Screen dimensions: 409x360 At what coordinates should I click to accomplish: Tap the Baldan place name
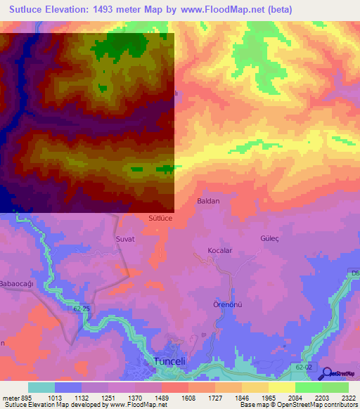pos(207,201)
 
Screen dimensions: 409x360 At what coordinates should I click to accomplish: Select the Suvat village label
pos(124,239)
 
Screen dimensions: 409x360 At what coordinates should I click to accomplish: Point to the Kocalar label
pos(219,250)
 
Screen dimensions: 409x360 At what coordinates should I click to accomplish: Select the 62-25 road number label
pos(82,309)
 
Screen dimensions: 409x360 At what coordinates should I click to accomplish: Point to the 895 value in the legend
pos(25,397)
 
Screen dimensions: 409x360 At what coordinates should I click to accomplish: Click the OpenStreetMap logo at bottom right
pos(342,373)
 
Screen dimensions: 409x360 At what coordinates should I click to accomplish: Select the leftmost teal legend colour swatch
pos(41,387)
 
